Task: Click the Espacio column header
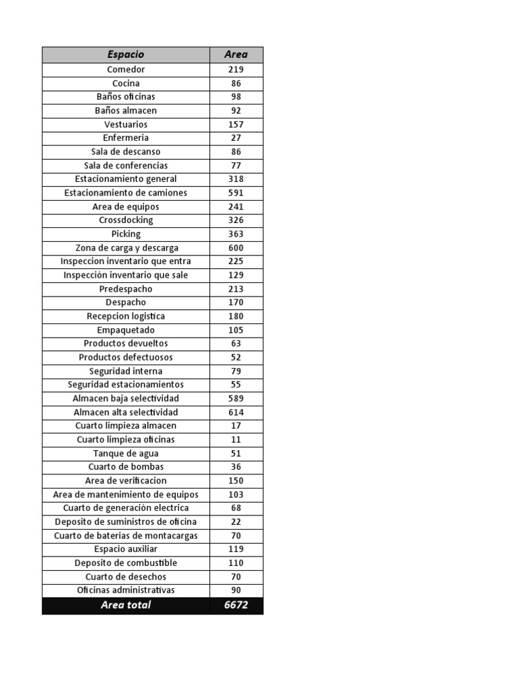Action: click(x=126, y=55)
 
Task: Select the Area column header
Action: click(x=236, y=55)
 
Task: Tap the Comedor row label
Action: click(x=126, y=69)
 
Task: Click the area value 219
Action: click(x=236, y=69)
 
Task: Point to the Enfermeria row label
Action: click(x=126, y=138)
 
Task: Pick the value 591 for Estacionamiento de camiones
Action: click(x=236, y=193)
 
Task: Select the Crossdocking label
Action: click(x=126, y=220)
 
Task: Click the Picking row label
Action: click(x=126, y=234)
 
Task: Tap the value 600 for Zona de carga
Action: click(x=236, y=248)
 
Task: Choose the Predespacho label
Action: click(x=126, y=289)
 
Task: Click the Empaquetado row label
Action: click(x=126, y=330)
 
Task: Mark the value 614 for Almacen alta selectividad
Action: click(x=236, y=412)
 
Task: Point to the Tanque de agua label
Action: click(x=126, y=453)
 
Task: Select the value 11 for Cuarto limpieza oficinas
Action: click(x=236, y=439)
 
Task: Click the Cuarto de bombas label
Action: click(x=126, y=467)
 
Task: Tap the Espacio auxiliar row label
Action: click(x=126, y=549)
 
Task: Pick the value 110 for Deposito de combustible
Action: click(x=236, y=563)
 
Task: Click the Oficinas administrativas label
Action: click(x=126, y=590)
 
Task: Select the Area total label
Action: click(x=126, y=605)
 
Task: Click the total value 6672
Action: click(x=236, y=605)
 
